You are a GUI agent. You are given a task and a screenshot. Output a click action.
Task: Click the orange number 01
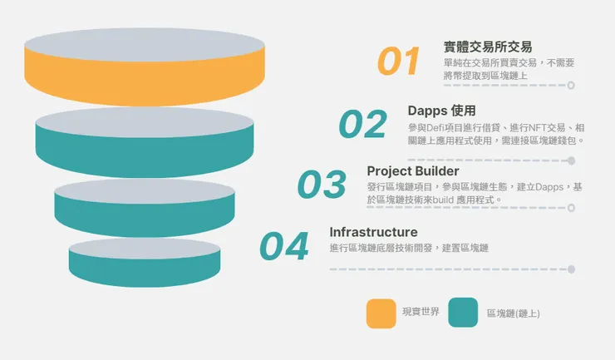[x=398, y=62]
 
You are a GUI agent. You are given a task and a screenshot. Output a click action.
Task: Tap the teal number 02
[x=362, y=125]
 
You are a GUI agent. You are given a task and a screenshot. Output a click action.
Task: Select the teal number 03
[x=322, y=185]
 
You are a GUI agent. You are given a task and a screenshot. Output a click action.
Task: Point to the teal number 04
[x=283, y=246]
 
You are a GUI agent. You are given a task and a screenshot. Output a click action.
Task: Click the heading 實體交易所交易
[x=488, y=47]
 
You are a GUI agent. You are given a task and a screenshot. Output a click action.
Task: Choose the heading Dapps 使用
[x=441, y=111]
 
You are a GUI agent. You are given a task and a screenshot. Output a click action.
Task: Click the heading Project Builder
[x=412, y=171]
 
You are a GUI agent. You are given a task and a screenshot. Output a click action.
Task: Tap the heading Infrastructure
[x=373, y=232]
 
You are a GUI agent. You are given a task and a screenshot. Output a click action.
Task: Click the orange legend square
[x=381, y=313]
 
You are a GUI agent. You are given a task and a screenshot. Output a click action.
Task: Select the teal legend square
[x=463, y=313]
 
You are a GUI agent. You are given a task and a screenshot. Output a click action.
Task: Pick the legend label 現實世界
[x=421, y=312]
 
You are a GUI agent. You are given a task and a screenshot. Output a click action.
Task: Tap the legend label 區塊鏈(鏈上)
[x=513, y=313]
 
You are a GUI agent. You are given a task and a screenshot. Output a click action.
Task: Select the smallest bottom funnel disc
[x=145, y=262]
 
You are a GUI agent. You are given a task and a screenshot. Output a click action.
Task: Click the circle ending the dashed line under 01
[x=571, y=85]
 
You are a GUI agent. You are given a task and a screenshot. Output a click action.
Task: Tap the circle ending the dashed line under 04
[x=571, y=269]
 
